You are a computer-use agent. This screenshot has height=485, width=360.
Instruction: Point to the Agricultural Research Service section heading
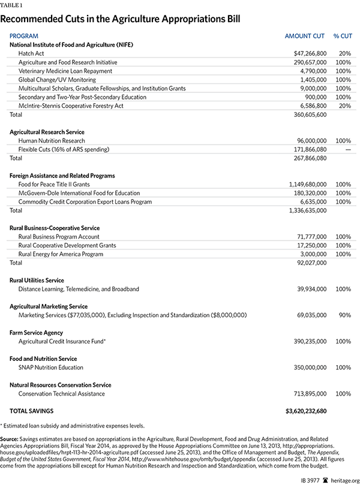[x=47, y=132]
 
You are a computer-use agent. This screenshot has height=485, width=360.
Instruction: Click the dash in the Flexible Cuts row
[x=346, y=149]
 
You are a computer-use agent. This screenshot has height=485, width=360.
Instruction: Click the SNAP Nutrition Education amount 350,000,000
[x=305, y=367]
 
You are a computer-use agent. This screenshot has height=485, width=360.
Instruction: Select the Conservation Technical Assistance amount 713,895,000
[x=305, y=394]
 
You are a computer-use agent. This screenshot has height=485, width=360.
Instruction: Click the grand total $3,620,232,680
[x=301, y=411]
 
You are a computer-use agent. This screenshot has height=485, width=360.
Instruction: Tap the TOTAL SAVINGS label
[x=31, y=411]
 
